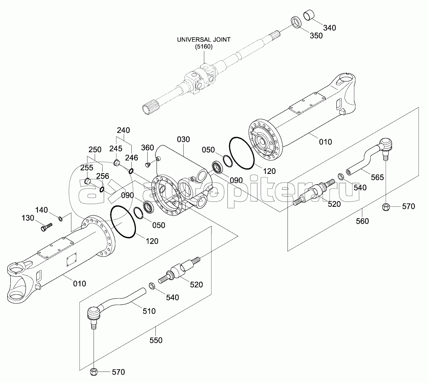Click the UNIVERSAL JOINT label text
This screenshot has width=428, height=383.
click(204, 40)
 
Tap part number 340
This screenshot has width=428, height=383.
click(329, 28)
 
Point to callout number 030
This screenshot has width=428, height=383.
click(183, 140)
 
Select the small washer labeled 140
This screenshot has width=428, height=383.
click(60, 218)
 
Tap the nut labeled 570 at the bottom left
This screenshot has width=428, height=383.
click(94, 372)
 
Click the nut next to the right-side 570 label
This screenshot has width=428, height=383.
click(385, 207)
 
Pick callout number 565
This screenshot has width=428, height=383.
click(377, 178)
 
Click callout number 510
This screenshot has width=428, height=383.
click(149, 311)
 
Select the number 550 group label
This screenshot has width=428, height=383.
click(156, 341)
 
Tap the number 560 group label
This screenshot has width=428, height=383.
click(362, 221)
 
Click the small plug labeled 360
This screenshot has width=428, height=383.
click(148, 164)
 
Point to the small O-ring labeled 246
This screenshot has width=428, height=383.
click(131, 171)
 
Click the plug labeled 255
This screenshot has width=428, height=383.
click(87, 181)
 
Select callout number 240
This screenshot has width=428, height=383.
click(123, 131)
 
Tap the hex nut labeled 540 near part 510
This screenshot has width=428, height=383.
click(152, 286)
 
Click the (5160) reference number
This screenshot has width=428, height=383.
click(204, 47)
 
